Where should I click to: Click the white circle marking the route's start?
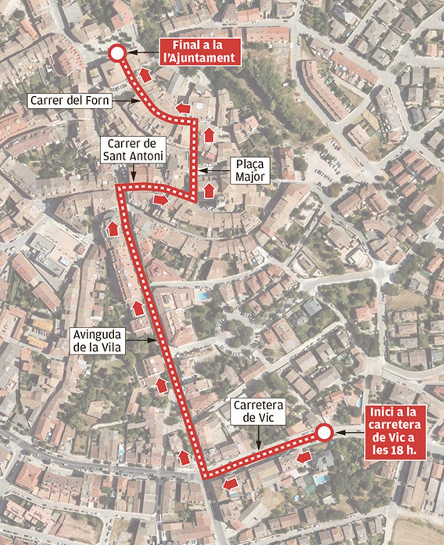(324, 433)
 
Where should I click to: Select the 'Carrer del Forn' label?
(70, 100)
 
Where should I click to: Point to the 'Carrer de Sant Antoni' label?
(133, 150)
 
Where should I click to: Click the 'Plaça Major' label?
(250, 171)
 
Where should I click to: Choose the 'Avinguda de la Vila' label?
(97, 341)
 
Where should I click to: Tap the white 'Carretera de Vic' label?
(259, 411)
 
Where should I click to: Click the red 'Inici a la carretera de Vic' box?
(395, 433)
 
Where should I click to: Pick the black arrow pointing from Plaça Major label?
(215, 171)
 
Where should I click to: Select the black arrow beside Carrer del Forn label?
(125, 100)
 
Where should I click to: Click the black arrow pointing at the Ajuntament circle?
(144, 52)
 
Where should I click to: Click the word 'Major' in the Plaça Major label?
(250, 177)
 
